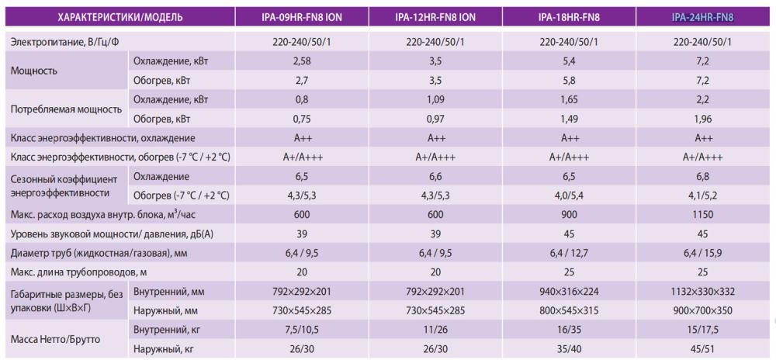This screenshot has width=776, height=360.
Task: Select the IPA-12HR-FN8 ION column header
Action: pyautogui.click(x=436, y=16)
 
